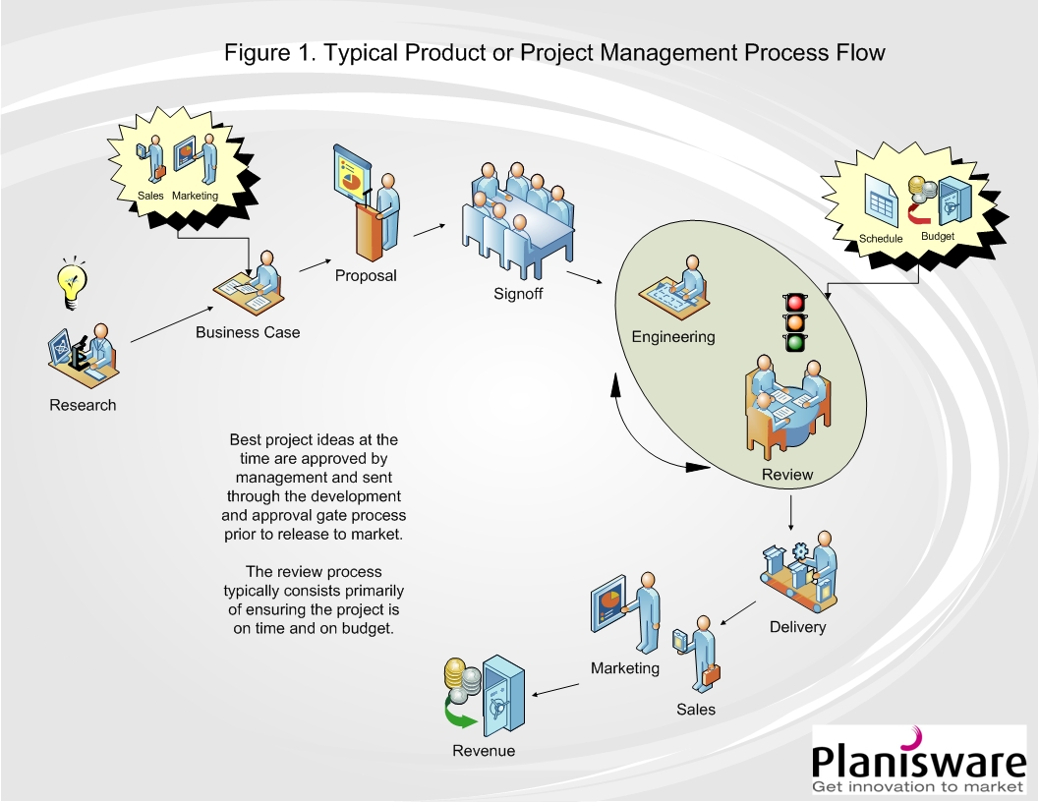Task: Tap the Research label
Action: coord(83,405)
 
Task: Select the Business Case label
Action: coord(248,332)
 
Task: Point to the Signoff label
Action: coord(518,294)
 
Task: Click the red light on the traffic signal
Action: coord(794,302)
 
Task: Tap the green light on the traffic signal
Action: coord(794,342)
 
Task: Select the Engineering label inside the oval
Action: coord(673,337)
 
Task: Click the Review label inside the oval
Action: coord(787,475)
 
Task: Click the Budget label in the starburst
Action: coord(937,236)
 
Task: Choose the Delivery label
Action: coord(797,627)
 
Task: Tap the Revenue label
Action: coord(483,751)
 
